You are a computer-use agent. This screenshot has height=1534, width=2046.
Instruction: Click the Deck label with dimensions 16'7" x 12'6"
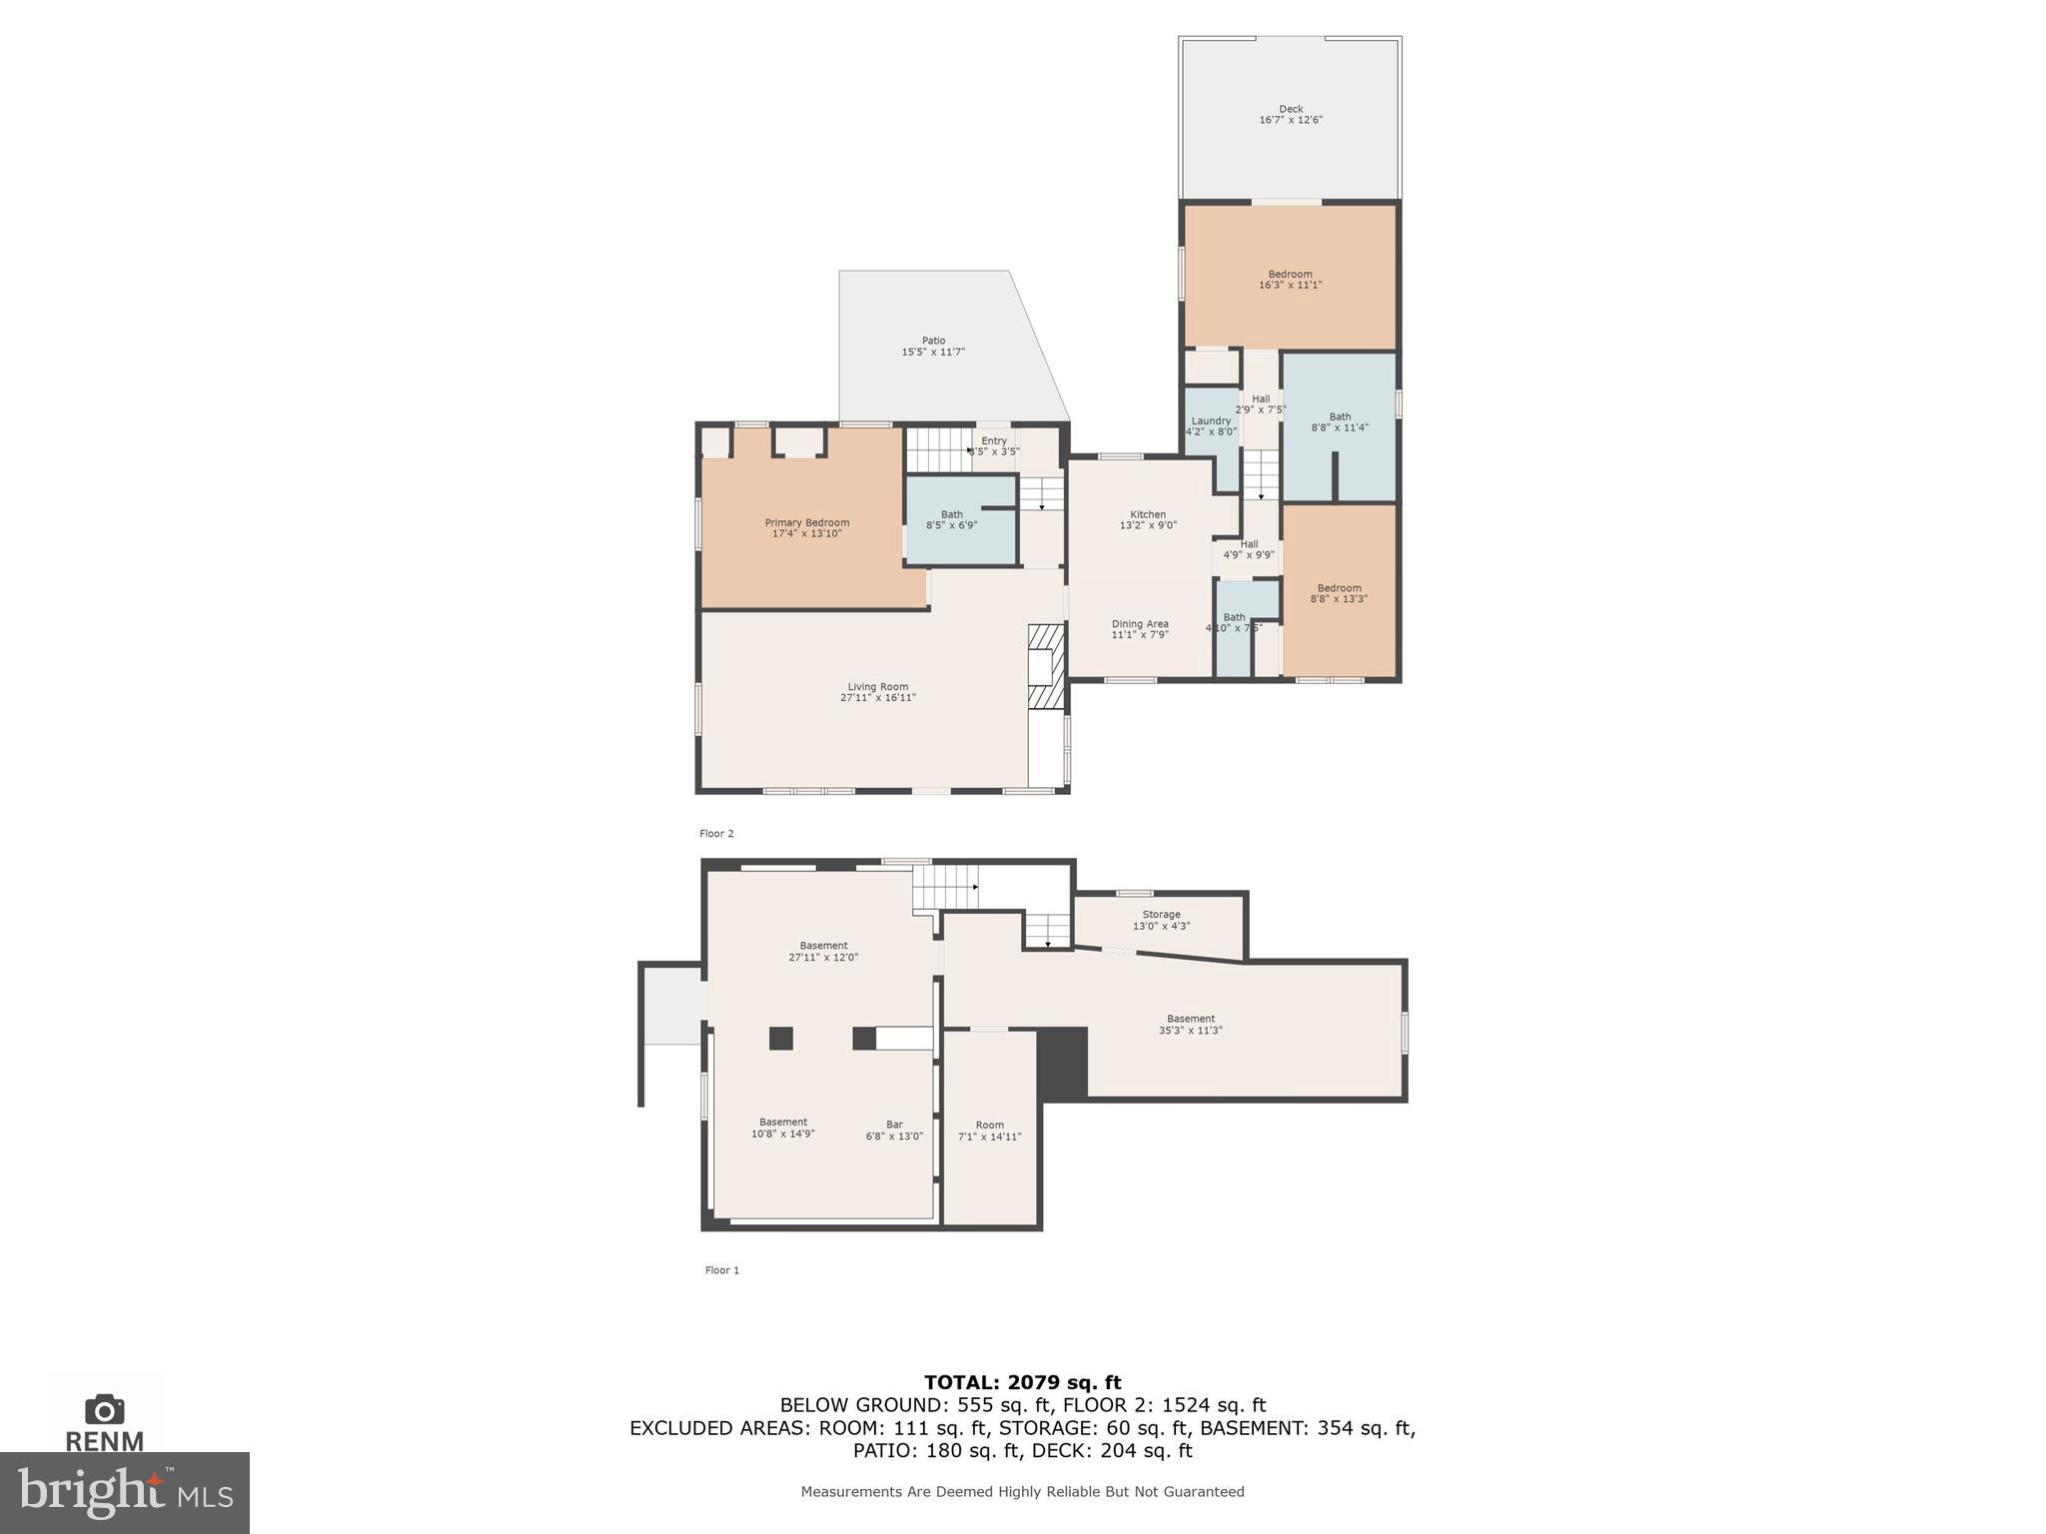[x=1291, y=115]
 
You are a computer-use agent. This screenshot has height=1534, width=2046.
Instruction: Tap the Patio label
[x=933, y=347]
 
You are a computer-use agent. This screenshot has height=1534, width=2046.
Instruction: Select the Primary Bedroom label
[x=807, y=528]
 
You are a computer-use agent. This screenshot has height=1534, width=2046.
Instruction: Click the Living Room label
[x=877, y=692]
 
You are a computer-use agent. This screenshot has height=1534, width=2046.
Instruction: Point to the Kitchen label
[x=1148, y=519]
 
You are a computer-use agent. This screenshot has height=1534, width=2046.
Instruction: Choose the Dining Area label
[x=1140, y=629]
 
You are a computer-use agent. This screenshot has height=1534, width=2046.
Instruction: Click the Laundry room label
[x=1211, y=426]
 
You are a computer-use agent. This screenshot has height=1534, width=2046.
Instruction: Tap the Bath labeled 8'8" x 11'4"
[x=1340, y=422]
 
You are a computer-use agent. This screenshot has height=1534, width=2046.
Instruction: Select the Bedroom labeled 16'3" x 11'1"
[x=1290, y=280]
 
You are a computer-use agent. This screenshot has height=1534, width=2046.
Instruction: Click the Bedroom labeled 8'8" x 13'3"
[x=1339, y=593]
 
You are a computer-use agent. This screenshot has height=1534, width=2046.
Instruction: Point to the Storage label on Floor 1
[x=1161, y=920]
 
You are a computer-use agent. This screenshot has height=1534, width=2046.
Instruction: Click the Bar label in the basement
[x=894, y=1131]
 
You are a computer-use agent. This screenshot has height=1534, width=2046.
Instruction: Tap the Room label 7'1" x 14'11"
[x=989, y=1131]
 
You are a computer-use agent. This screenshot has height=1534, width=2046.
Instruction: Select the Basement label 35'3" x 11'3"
[x=1190, y=1025]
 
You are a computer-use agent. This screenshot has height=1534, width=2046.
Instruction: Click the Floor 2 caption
[x=716, y=833]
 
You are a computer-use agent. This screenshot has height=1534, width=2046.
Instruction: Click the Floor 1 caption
[x=722, y=1270]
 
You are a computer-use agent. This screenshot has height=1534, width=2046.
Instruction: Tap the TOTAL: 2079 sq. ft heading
[x=1022, y=1382]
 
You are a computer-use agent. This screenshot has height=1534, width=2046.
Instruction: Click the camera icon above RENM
[x=105, y=1409]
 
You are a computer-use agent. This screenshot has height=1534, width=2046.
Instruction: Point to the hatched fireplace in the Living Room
[x=1046, y=666]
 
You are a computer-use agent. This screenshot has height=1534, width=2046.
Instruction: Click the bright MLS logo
[x=125, y=1492]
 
